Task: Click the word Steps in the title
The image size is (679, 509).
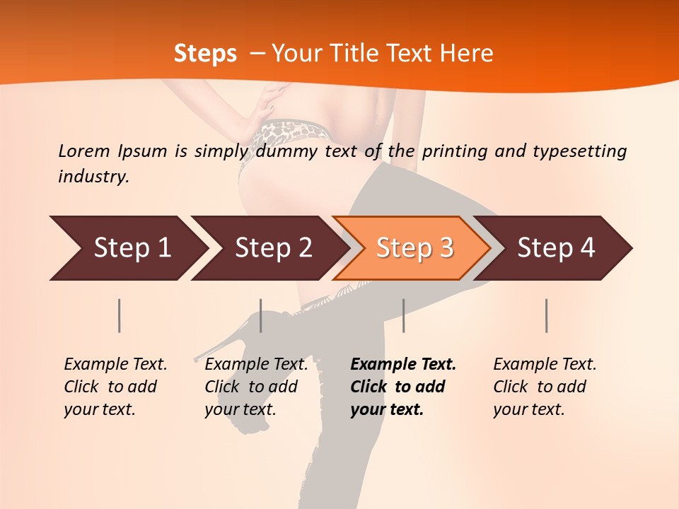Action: coord(205,54)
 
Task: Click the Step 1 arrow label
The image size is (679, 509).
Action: coord(132,247)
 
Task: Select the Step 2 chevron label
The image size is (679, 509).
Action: coord(274,247)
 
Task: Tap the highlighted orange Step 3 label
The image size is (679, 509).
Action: coord(414,247)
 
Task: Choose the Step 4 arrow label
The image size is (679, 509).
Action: coord(556,247)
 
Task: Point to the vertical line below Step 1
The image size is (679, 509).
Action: coord(120,315)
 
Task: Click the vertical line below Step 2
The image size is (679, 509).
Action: coord(261,315)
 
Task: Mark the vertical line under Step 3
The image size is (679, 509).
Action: coord(403,315)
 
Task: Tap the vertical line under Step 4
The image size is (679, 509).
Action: coord(547,315)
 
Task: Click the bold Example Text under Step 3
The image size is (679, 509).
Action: coord(403,364)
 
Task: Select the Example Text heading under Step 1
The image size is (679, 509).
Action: coord(115,364)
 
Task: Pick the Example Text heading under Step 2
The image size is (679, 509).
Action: coord(256,364)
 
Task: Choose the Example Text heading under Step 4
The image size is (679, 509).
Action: coord(545,364)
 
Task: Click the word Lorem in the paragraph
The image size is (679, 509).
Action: coord(84,151)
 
